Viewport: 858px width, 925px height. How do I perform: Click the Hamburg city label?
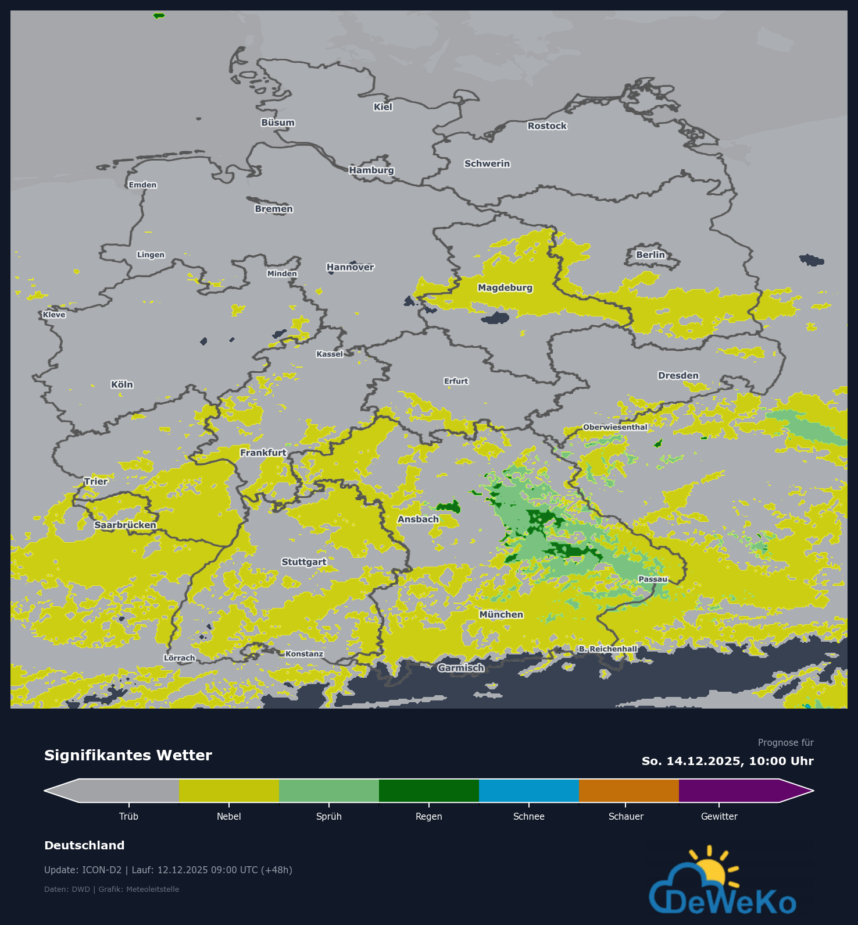click(x=371, y=170)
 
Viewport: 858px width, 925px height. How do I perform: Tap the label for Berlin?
click(x=650, y=255)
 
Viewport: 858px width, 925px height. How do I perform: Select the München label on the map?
click(x=501, y=615)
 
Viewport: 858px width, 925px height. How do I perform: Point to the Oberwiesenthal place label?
click(x=615, y=428)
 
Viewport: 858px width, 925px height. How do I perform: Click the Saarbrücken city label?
click(x=126, y=525)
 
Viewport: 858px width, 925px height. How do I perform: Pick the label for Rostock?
click(x=547, y=126)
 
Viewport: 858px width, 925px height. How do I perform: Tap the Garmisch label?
click(x=461, y=668)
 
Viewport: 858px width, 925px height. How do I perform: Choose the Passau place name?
click(x=653, y=579)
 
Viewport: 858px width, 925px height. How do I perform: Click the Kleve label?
click(x=54, y=315)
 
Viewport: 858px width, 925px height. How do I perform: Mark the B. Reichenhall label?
click(x=608, y=649)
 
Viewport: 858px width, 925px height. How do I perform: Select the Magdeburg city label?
click(x=505, y=288)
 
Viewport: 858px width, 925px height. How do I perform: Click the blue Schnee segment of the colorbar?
click(x=528, y=791)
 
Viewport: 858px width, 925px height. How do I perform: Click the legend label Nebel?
click(x=228, y=817)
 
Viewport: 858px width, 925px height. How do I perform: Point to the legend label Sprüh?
click(x=329, y=817)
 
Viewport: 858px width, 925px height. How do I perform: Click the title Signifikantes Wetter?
click(x=128, y=756)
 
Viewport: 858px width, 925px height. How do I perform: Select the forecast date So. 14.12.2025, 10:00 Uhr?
click(x=727, y=762)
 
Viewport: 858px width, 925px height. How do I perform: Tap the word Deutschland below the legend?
click(x=84, y=846)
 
